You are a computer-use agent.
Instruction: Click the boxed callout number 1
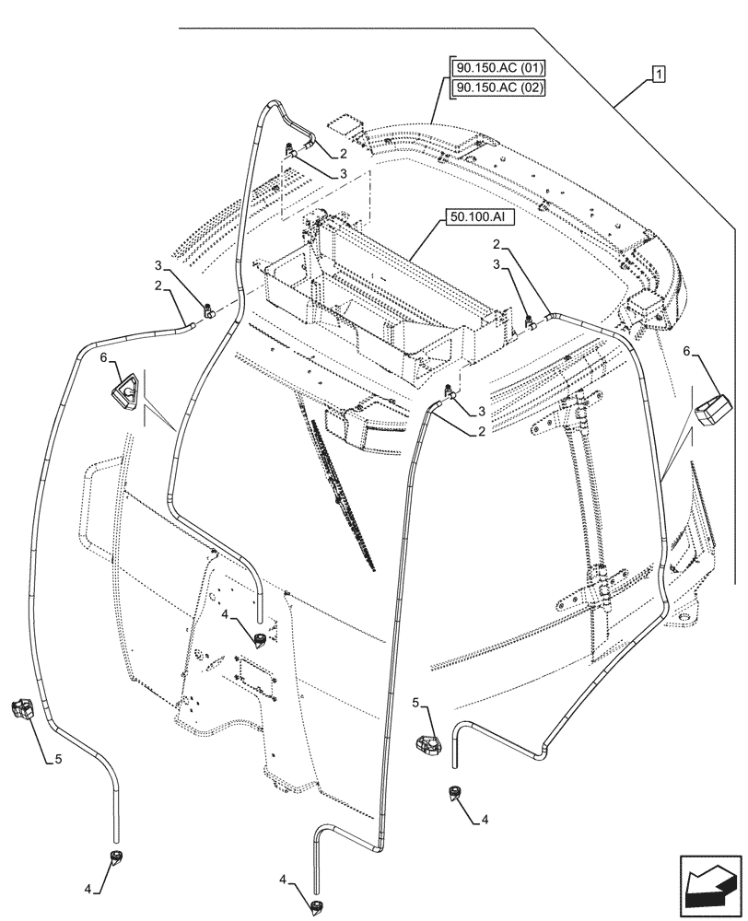660,73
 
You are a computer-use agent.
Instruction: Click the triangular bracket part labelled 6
124,391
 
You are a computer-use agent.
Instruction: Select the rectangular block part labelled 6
713,409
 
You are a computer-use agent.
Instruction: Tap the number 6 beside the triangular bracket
104,357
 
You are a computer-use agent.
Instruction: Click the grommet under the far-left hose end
117,858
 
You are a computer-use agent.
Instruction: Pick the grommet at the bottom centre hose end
317,907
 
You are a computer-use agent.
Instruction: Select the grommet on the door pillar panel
261,639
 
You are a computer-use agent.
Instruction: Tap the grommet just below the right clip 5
453,793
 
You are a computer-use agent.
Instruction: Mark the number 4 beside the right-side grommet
485,819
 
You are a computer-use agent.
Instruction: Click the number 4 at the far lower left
88,889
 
